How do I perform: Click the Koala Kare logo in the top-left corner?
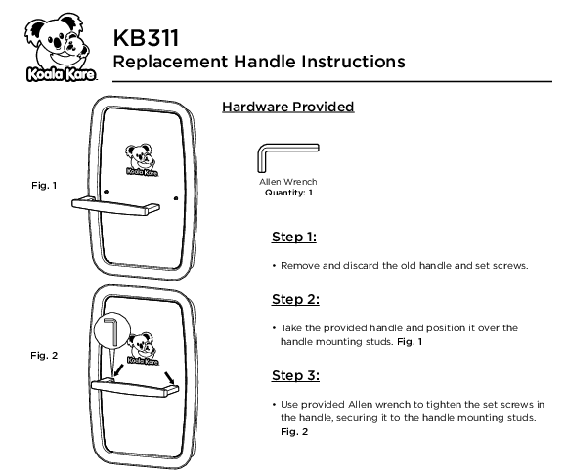(61, 47)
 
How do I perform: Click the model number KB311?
(146, 38)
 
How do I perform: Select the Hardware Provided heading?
(287, 107)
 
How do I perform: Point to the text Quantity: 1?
(288, 193)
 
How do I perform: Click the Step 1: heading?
(294, 237)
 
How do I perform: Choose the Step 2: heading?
(295, 299)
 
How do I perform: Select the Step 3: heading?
(295, 375)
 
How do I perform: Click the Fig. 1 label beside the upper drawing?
(44, 185)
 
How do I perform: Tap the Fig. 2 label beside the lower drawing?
(44, 356)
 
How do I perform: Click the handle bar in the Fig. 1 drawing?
(115, 207)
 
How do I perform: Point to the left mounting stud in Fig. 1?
(106, 191)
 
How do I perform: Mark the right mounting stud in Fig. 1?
(176, 198)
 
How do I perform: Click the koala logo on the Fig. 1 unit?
(141, 159)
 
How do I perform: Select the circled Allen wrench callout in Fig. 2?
(111, 331)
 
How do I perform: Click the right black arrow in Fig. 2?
(169, 378)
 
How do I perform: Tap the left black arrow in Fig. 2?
(118, 370)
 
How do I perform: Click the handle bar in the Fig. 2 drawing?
(135, 388)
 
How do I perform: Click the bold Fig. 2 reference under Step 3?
(294, 432)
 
